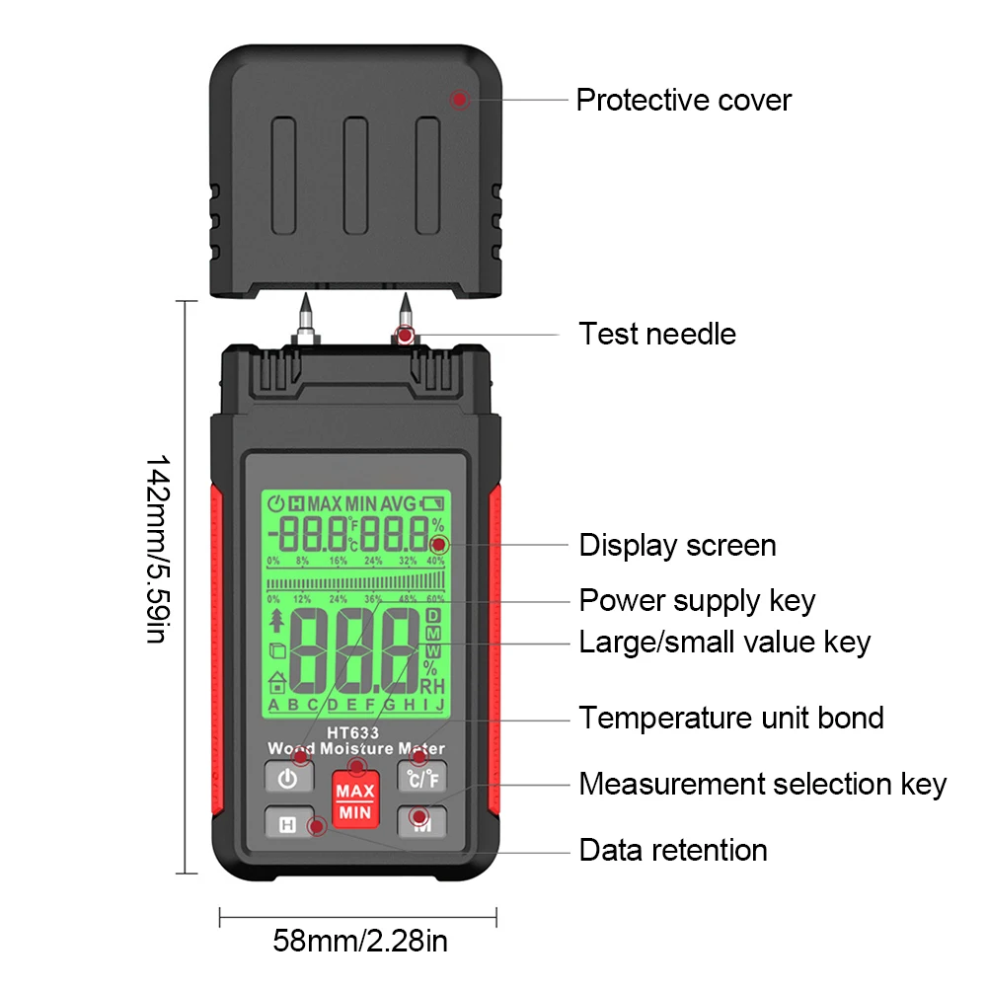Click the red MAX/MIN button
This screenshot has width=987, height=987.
point(354,802)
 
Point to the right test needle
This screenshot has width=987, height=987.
point(404,318)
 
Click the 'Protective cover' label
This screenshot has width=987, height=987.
point(683,100)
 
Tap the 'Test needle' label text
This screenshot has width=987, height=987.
point(657,334)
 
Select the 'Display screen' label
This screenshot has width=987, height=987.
point(677,545)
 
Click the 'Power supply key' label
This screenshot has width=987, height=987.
point(697,600)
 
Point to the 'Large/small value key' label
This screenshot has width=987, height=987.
point(724,643)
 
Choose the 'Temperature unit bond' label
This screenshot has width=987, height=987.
point(730,718)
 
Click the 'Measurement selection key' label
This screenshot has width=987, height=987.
point(762,785)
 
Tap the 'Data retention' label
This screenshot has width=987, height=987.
point(673,850)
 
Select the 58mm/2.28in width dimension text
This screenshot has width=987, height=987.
point(359,941)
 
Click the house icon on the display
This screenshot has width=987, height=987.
point(278,683)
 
